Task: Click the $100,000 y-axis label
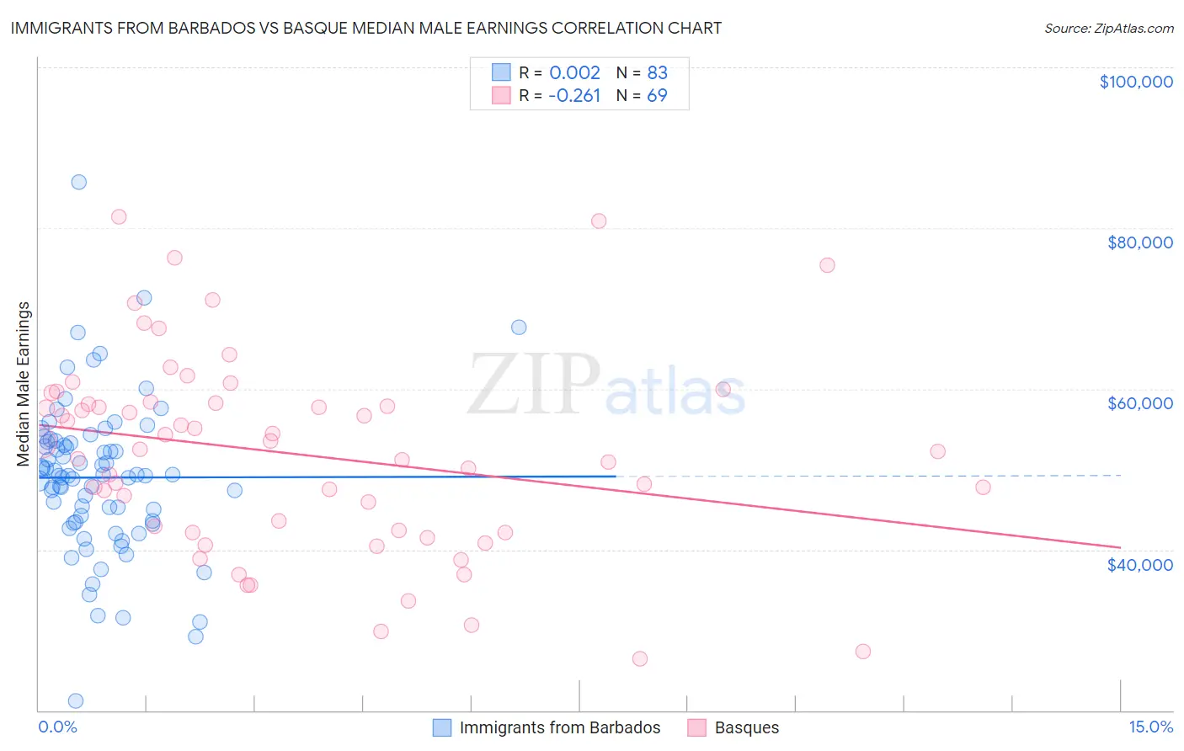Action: point(1135,82)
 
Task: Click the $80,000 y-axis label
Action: point(1139,242)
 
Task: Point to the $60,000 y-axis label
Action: point(1139,403)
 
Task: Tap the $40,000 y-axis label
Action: point(1139,564)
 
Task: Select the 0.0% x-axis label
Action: point(57,727)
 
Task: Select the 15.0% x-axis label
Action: point(1150,727)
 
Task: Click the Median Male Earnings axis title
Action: point(24,384)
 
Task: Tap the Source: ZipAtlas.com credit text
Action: point(1108,28)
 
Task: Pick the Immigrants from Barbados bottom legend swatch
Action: point(442,727)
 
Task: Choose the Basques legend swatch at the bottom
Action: point(696,727)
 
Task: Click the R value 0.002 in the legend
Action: point(574,72)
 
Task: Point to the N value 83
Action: point(657,72)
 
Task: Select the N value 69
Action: point(657,95)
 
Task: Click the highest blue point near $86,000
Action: point(78,182)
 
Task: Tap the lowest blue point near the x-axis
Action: point(75,700)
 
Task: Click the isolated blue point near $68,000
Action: point(519,327)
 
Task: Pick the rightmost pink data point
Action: point(983,487)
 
